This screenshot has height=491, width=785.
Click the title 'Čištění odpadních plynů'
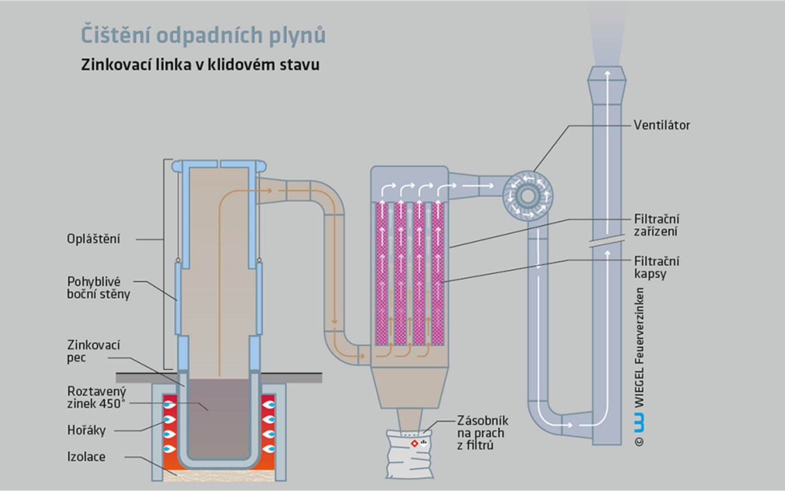pos(203,35)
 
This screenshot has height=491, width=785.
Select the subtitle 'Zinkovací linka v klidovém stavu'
pos(200,65)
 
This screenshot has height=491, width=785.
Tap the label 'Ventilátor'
pos(662,125)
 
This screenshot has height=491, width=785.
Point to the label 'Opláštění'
pos(94,239)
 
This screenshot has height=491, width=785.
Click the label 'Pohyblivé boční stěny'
pos(98,288)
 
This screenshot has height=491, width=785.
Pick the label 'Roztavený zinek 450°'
pos(96,397)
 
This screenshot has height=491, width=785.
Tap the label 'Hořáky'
pos(86,430)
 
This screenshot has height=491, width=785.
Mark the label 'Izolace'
pos(86,457)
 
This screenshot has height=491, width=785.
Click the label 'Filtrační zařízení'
pos(656,225)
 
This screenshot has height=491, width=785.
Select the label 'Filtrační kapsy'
pos(656,267)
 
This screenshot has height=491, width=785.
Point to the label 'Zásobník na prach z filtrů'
pos(483,433)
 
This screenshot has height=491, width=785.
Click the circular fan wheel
pos(527,195)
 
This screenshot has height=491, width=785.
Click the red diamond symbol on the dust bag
pos(414,444)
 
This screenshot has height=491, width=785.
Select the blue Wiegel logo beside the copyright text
pos(639,422)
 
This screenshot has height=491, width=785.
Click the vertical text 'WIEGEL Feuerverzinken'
pos(639,347)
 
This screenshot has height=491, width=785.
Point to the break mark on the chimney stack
pos(607,242)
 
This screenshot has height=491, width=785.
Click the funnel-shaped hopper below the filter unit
pos(409,388)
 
